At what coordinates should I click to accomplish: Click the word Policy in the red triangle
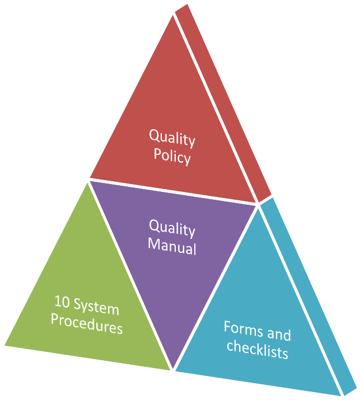click(172, 157)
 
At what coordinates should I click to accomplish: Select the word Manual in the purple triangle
click(172, 246)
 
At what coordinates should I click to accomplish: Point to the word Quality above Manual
click(172, 228)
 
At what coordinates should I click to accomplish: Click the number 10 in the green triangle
click(62, 302)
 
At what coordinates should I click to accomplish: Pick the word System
click(96, 307)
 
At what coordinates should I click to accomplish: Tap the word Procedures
click(87, 323)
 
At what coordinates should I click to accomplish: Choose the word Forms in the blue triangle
click(244, 330)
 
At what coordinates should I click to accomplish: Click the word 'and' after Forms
click(279, 334)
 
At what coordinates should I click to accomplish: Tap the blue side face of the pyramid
click(308, 297)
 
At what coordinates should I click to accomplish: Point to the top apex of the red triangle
click(173, 15)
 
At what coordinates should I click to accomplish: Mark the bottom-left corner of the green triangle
click(4, 346)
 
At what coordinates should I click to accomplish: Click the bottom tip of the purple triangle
click(173, 369)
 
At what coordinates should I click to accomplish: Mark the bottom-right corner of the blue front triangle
click(341, 396)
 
